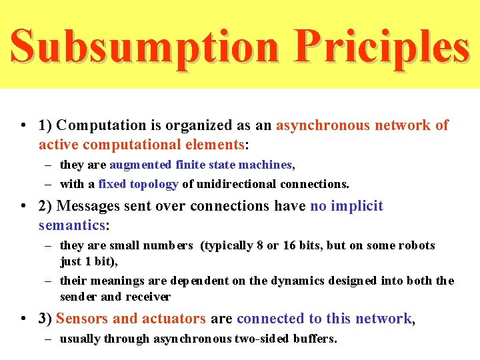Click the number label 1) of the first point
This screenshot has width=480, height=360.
(46, 125)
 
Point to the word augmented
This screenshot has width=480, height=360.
(140, 165)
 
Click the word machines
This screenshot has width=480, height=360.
(267, 165)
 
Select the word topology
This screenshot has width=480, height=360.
(153, 184)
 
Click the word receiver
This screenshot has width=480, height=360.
(148, 297)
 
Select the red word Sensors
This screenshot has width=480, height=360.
(84, 319)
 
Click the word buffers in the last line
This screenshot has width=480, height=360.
(313, 339)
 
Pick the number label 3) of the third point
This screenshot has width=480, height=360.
(46, 319)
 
